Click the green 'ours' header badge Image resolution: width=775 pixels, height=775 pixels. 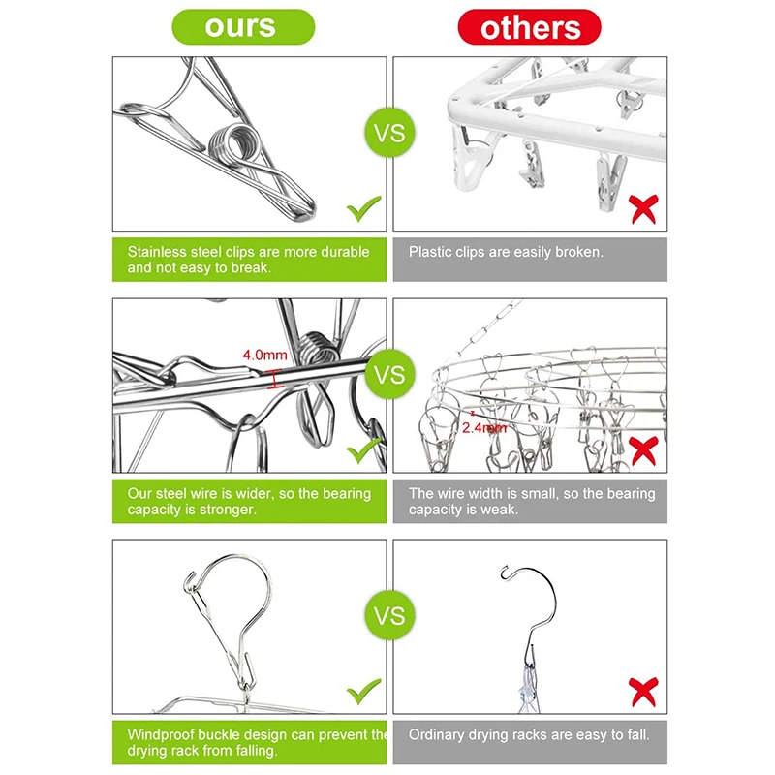243,27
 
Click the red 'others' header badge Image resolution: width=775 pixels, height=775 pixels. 529,27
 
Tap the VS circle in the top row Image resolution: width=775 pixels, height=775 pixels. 390,133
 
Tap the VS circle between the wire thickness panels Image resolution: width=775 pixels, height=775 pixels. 390,374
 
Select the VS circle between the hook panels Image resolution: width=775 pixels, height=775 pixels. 390,615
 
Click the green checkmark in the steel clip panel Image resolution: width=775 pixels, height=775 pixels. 364,208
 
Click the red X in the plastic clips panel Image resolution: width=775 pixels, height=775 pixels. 643,209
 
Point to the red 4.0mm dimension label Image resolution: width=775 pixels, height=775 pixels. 264,355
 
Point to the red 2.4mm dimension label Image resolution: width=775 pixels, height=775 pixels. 484,427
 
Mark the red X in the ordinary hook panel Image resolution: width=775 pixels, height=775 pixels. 643,692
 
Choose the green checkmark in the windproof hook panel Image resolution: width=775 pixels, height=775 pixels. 364,692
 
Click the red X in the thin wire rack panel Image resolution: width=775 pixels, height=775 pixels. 643,450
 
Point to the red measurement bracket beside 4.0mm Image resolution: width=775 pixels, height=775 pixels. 275,379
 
